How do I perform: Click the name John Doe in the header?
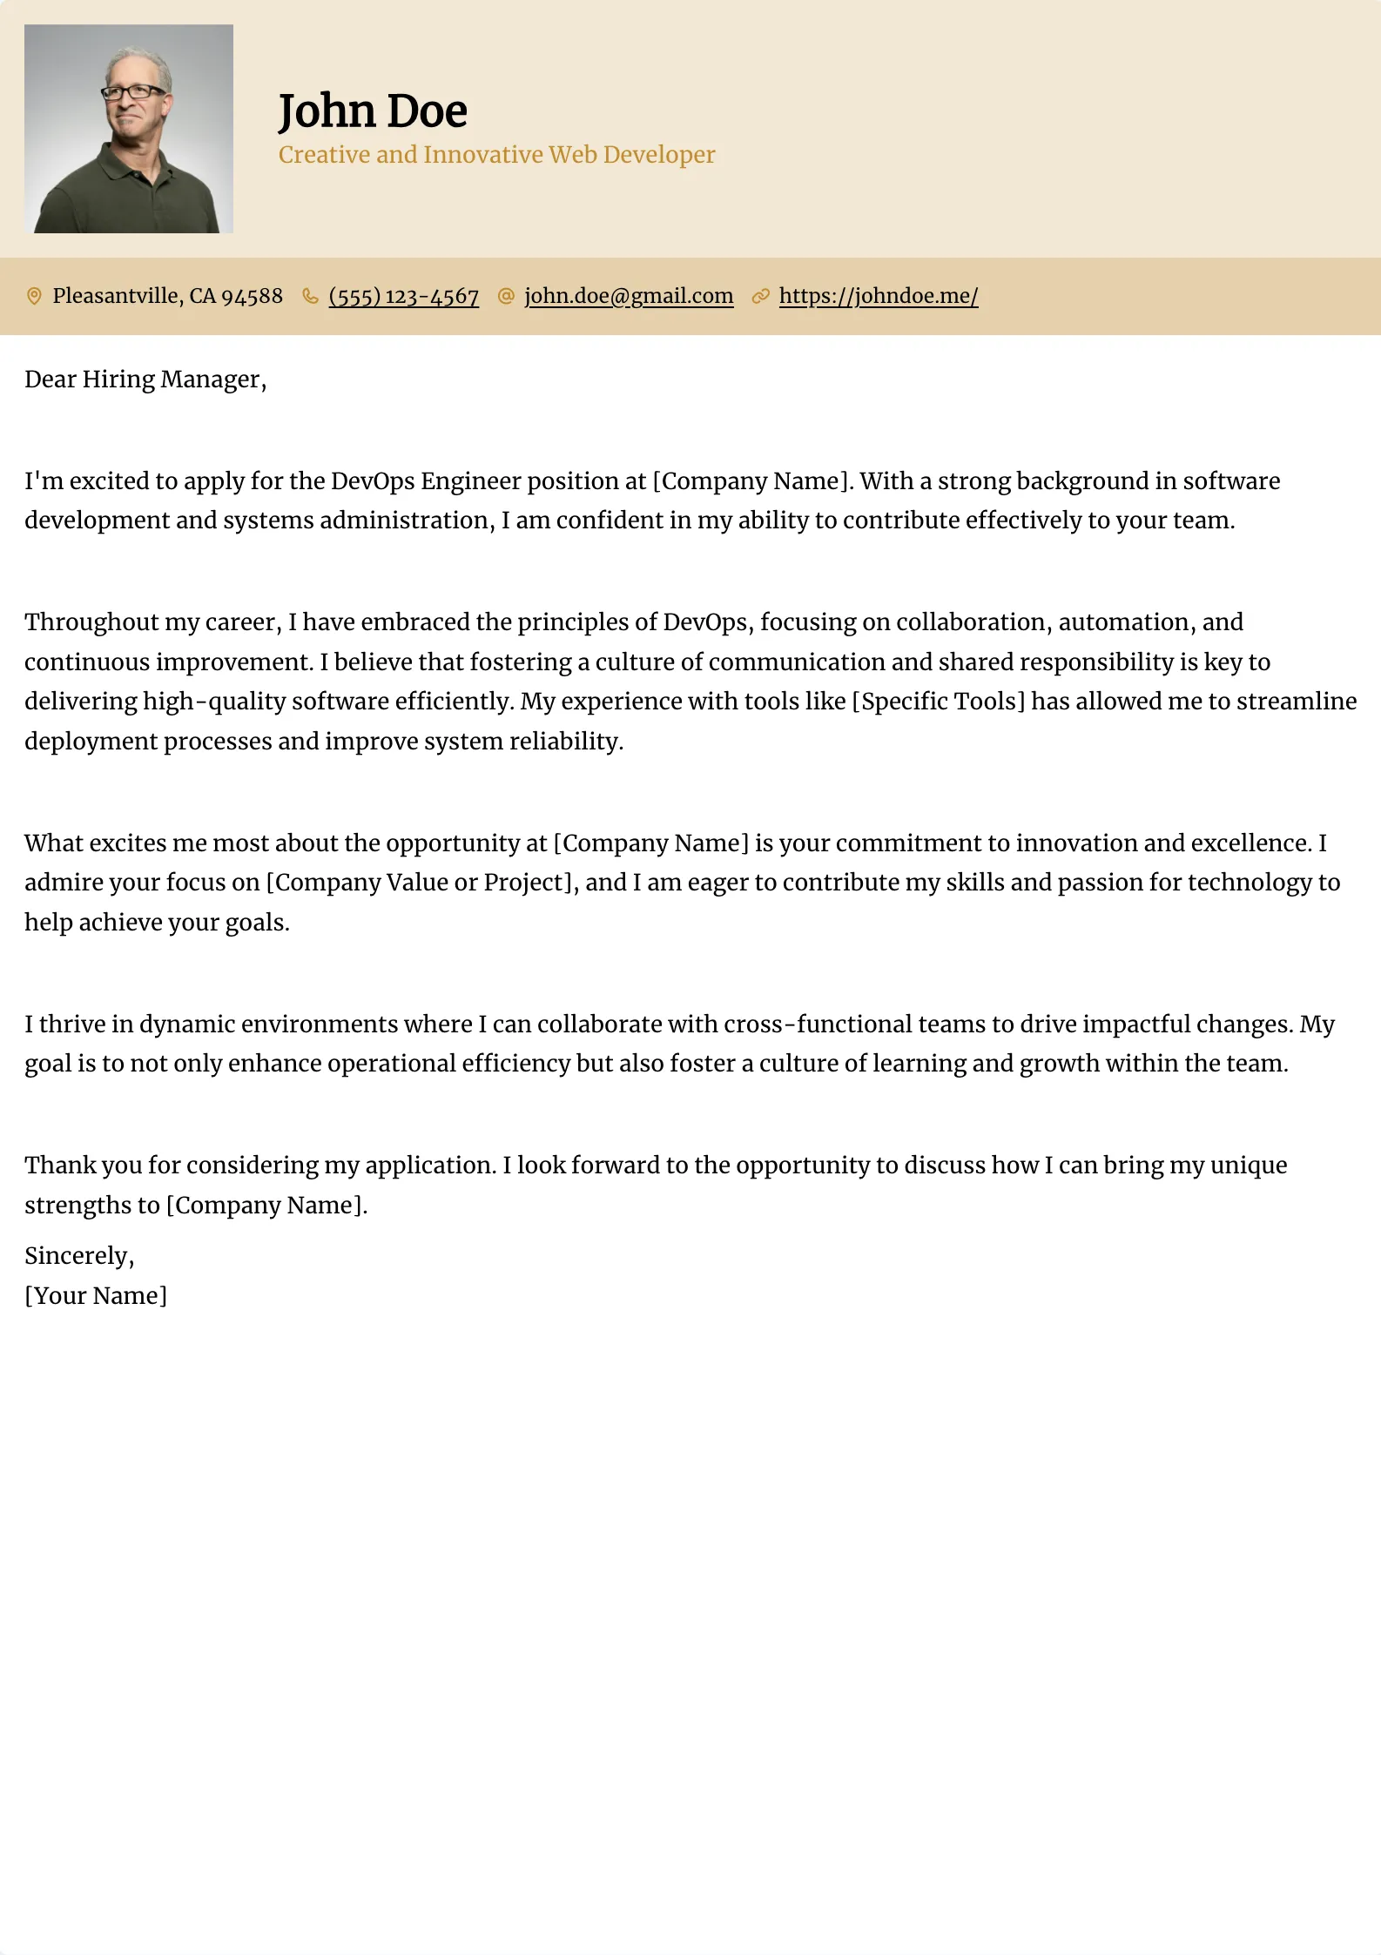point(373,111)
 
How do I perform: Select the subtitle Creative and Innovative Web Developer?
point(496,155)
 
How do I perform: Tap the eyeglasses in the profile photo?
point(132,91)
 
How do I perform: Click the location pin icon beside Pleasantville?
point(34,297)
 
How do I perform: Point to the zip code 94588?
point(252,297)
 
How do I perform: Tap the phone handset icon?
point(310,297)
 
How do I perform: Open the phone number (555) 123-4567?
point(404,297)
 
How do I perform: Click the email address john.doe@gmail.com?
point(629,297)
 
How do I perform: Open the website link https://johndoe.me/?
point(879,297)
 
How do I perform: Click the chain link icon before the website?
point(760,297)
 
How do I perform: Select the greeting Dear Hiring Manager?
point(145,380)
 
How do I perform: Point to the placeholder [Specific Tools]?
point(938,702)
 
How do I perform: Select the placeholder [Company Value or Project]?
point(421,883)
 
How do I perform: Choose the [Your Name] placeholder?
point(96,1296)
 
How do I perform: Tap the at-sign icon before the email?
point(506,297)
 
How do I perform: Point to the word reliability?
point(566,742)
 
